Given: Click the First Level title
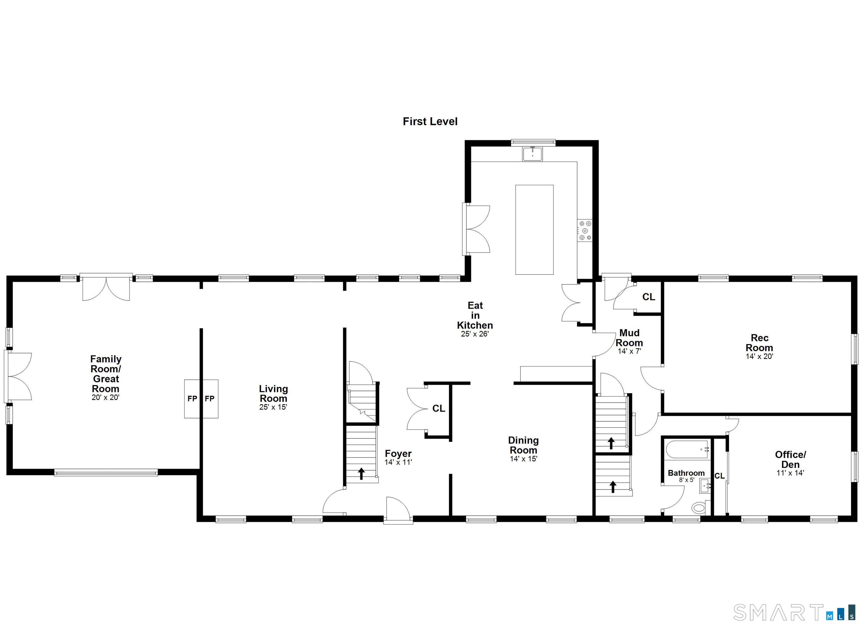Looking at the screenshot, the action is click(x=430, y=121).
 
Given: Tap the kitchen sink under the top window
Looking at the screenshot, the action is click(x=533, y=154).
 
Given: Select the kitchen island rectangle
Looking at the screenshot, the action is click(x=534, y=229).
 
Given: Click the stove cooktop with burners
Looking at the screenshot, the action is click(x=584, y=230).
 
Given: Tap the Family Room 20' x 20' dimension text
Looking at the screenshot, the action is click(x=106, y=397).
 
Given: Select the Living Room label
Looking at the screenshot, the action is click(x=273, y=393).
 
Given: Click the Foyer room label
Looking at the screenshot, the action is click(x=398, y=453).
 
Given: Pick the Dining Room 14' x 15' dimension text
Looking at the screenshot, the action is click(x=523, y=459).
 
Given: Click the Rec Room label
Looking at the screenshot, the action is click(x=759, y=343).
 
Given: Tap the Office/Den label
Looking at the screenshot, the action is click(x=790, y=459).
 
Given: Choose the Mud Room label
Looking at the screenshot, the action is click(x=629, y=338).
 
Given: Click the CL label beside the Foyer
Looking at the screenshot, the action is click(x=438, y=408).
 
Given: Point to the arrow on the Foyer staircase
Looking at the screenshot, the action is click(x=361, y=473).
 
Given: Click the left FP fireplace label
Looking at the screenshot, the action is click(x=192, y=399).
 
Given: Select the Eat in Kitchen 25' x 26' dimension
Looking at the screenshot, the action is click(x=475, y=334).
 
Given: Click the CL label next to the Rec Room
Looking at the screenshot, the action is click(x=648, y=297).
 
